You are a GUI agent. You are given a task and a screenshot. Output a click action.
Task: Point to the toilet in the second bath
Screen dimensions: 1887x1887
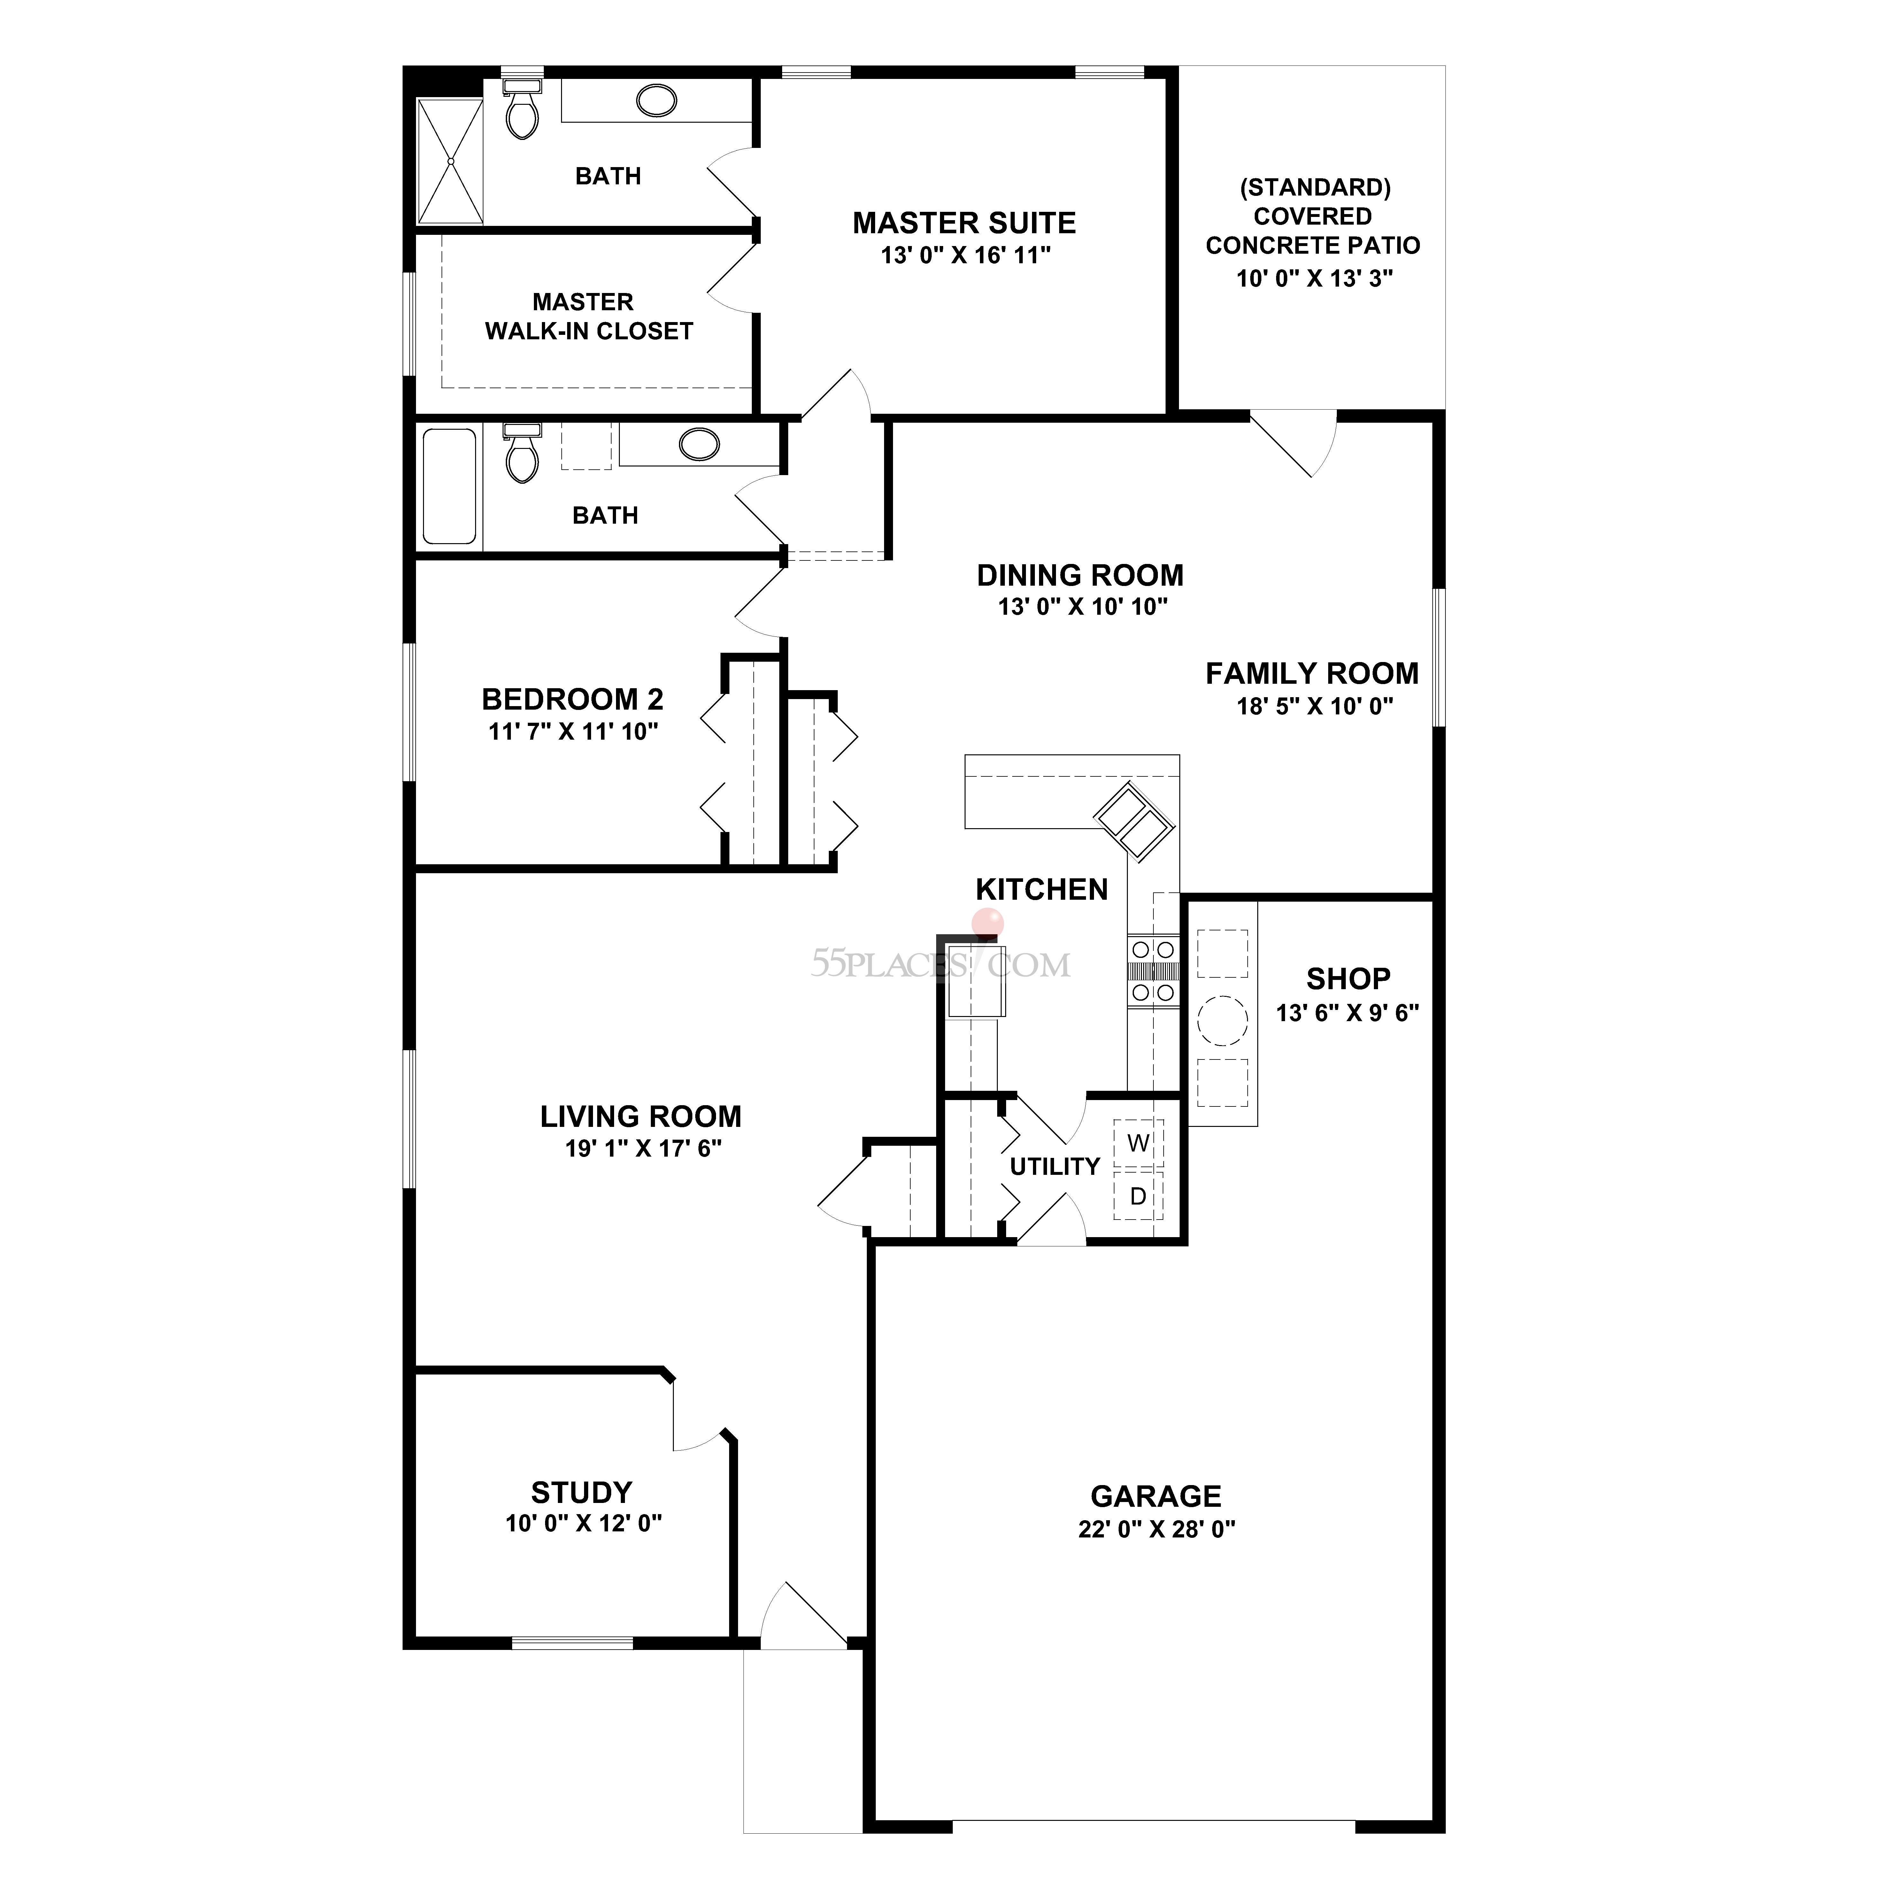point(522,455)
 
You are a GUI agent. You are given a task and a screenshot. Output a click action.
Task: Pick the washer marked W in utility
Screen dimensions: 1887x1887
point(1138,1143)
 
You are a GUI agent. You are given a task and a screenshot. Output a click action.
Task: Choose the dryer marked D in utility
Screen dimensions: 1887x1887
point(1138,1196)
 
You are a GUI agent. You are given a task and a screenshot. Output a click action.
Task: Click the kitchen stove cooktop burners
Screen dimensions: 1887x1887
point(1152,971)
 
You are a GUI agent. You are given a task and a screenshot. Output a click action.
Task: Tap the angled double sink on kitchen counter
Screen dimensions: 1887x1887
point(1133,820)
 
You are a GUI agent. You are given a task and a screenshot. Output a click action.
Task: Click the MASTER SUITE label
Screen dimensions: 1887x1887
point(964,224)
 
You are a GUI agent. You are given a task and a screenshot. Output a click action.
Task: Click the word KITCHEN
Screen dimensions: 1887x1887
point(1041,890)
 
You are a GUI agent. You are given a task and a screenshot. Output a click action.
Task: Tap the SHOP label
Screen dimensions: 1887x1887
point(1348,979)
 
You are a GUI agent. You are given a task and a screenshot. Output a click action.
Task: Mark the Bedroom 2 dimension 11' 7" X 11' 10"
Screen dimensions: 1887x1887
point(573,732)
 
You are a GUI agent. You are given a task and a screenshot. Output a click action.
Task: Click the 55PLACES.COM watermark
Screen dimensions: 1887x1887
point(940,965)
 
